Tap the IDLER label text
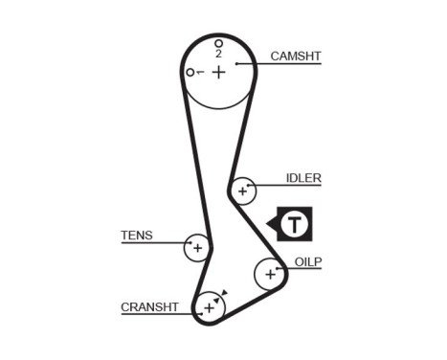(303, 178)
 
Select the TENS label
(136, 235)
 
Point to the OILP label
(308, 260)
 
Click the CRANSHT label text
(149, 307)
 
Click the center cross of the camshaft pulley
(218, 72)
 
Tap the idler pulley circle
(243, 191)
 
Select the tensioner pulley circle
(197, 247)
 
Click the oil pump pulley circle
(269, 274)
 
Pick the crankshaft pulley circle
(208, 307)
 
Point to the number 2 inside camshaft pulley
(218, 54)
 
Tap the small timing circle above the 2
(218, 43)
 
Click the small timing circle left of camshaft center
(191, 72)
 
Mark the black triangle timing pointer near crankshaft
(224, 294)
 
